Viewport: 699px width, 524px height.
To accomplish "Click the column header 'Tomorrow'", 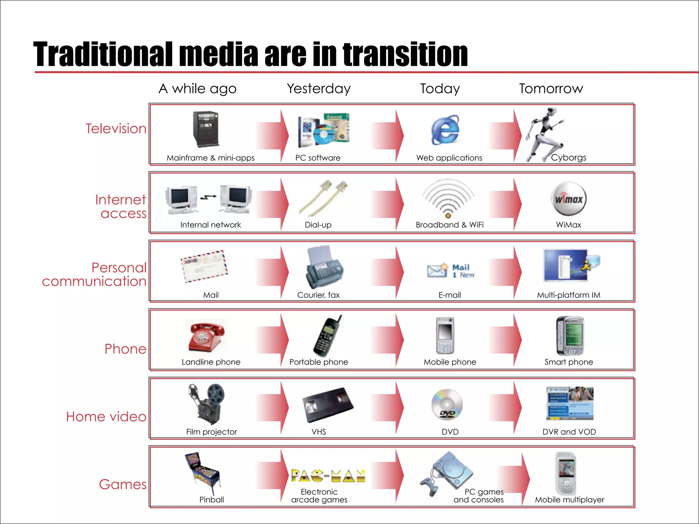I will pyautogui.click(x=551, y=89).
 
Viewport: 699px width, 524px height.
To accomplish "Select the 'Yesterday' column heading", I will pyautogui.click(x=318, y=89).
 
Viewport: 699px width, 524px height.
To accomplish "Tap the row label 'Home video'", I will pyautogui.click(x=106, y=417).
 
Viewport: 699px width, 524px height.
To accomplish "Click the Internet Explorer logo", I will pyautogui.click(x=445, y=130).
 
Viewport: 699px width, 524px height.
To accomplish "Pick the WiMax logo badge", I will pyautogui.click(x=569, y=199).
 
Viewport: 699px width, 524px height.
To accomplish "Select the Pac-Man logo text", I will pyautogui.click(x=328, y=476).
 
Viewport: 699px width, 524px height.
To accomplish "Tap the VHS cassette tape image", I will pyautogui.click(x=328, y=405).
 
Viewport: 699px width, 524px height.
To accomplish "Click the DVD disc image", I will pyautogui.click(x=447, y=405).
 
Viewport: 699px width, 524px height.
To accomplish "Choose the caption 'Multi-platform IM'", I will pyautogui.click(x=569, y=295).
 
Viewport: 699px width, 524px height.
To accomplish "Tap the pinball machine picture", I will pyautogui.click(x=202, y=473).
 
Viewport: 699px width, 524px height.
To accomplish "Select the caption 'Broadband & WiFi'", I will pyautogui.click(x=450, y=225).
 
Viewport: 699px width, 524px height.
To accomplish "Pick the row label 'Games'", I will pyautogui.click(x=123, y=484).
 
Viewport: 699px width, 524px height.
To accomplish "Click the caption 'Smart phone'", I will pyautogui.click(x=569, y=362).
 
